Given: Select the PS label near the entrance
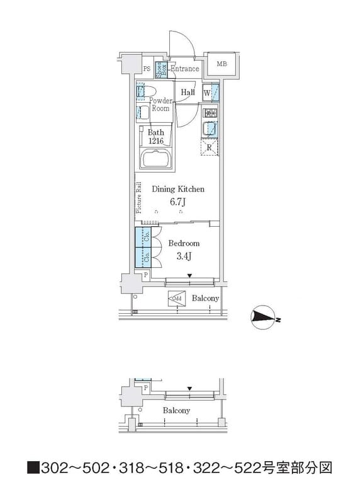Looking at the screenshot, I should (x=146, y=69).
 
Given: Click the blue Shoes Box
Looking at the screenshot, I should (x=161, y=69).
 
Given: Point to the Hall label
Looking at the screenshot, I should (x=187, y=93).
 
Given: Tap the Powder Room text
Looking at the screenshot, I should (x=161, y=104).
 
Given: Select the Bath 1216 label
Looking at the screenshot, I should (x=155, y=137).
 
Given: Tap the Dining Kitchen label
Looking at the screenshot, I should (x=178, y=188).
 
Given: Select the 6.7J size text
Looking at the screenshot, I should (x=179, y=202).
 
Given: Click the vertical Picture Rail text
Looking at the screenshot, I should (x=138, y=198).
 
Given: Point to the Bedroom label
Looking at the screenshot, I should (x=184, y=243).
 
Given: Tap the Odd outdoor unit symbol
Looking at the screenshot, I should (x=176, y=299).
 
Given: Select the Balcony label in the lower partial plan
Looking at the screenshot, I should (x=176, y=410).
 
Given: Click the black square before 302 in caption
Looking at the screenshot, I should (x=33, y=468).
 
